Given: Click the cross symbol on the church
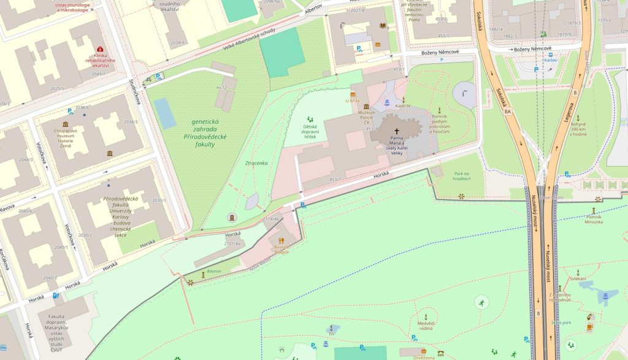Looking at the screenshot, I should pyautogui.click(x=397, y=131).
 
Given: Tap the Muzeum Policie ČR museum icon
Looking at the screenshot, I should pyautogui.click(x=366, y=106).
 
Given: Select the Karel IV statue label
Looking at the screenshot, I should pyautogui.click(x=402, y=106).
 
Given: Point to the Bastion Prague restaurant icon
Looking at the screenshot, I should pyautogui.click(x=281, y=240).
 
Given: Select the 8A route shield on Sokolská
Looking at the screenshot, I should pyautogui.click(x=507, y=111).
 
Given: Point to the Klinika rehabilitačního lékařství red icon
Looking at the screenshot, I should pyautogui.click(x=100, y=49).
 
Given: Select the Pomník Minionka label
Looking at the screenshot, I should pyautogui.click(x=594, y=219).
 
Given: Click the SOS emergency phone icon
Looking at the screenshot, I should pyautogui.click(x=440, y=354).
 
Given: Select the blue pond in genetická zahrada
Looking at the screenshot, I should pyautogui.click(x=164, y=113).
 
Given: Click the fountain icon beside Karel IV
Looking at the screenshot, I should pyautogui.click(x=386, y=102).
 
